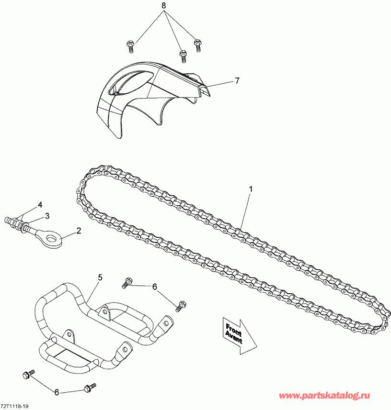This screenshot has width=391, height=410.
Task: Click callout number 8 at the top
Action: click(x=164, y=5)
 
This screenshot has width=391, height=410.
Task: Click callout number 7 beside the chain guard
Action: click(x=237, y=81)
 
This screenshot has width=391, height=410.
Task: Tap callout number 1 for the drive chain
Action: click(x=251, y=189)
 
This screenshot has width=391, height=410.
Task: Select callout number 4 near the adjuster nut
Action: click(x=40, y=205)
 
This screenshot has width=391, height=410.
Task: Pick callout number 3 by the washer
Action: click(x=47, y=216)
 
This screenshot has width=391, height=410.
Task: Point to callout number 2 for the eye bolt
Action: click(x=78, y=231)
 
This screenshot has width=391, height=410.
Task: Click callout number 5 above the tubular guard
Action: click(x=100, y=277)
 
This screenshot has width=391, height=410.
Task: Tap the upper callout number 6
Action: click(x=154, y=287)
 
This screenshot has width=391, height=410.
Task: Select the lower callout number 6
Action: click(x=57, y=392)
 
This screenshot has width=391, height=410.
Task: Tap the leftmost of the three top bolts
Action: click(x=130, y=47)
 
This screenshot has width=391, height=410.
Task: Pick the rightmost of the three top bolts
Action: click(x=198, y=45)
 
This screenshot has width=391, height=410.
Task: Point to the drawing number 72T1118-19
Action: click(x=14, y=406)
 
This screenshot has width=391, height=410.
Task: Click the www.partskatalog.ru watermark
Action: click(x=324, y=396)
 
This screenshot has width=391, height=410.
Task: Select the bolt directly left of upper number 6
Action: click(x=127, y=282)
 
